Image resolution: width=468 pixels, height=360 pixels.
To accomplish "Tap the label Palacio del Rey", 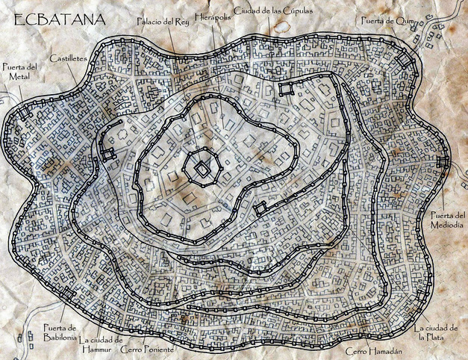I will coord(162,22).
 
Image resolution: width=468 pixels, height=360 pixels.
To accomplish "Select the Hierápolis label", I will coord(212,16).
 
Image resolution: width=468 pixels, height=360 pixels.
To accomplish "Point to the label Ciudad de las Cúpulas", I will coord(273,10).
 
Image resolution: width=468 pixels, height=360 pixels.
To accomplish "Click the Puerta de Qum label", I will coord(386,21).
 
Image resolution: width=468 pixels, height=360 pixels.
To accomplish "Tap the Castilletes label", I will coord(69,58).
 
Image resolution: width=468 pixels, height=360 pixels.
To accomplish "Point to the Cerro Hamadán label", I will coord(373,351).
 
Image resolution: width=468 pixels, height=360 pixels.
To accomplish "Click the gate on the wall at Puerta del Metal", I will coord(24,112).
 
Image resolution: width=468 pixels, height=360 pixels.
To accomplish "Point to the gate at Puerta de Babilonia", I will coord(67,294).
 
